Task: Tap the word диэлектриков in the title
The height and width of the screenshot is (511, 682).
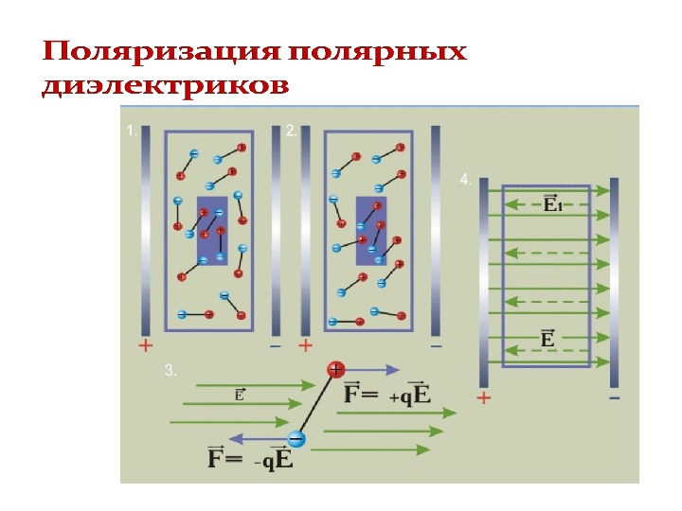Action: pyautogui.click(x=165, y=86)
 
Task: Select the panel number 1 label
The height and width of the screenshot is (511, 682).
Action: pyautogui.click(x=132, y=133)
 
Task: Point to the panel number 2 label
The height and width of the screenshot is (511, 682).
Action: pyautogui.click(x=292, y=132)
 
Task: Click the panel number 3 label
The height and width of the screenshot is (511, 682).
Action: pyautogui.click(x=170, y=372)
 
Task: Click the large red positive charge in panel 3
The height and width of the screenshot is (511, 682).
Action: pyautogui.click(x=335, y=370)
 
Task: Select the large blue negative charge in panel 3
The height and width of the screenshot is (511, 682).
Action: pyautogui.click(x=296, y=439)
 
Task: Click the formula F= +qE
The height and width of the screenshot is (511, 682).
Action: pyautogui.click(x=387, y=394)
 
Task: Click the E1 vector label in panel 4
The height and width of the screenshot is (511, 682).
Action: pyautogui.click(x=551, y=203)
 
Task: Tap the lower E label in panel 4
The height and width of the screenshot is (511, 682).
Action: pyautogui.click(x=547, y=338)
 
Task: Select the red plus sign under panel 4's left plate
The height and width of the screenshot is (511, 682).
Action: pyautogui.click(x=483, y=398)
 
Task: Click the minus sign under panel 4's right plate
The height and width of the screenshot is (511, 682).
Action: pyautogui.click(x=614, y=398)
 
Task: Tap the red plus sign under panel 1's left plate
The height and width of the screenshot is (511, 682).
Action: pyautogui.click(x=145, y=345)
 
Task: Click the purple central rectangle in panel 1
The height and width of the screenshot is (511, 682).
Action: pyautogui.click(x=212, y=231)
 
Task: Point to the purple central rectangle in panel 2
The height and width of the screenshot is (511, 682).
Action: pyautogui.click(x=370, y=231)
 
